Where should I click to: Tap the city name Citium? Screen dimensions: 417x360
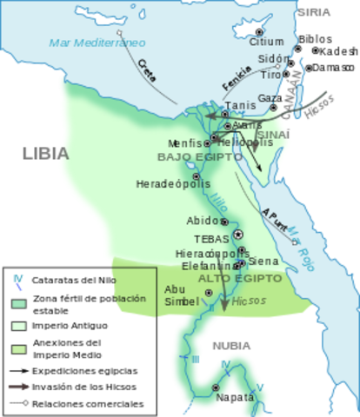coord(266,42)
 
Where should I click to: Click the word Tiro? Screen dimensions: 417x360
coord(270,75)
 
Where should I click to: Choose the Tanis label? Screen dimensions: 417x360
coord(241,106)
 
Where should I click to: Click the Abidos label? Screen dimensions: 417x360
coord(203,221)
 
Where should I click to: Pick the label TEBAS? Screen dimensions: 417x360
coord(211,238)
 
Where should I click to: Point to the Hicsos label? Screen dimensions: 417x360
coord(250,301)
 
